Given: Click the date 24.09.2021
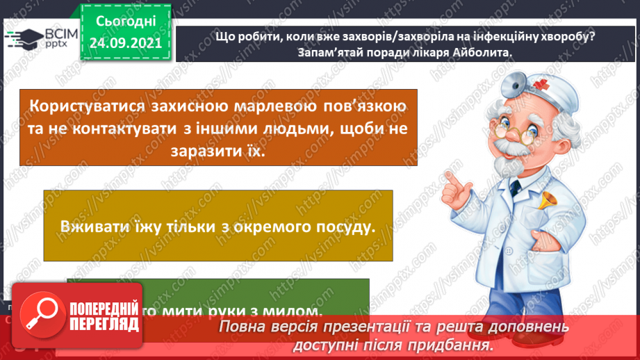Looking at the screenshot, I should (x=125, y=42).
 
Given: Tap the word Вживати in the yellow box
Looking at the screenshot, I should (x=95, y=227).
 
